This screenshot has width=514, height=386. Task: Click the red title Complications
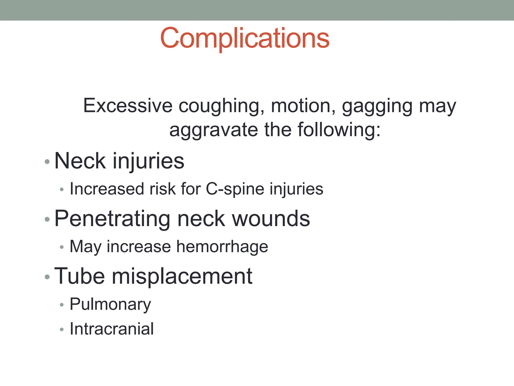point(245,38)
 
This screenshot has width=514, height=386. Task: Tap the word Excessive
point(128,106)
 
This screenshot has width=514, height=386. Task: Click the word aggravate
point(214,130)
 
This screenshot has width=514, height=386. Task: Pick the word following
point(339,130)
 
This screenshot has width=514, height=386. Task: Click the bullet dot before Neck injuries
point(47,162)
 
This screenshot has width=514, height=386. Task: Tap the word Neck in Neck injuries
point(80,161)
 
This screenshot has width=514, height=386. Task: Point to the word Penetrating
point(113,219)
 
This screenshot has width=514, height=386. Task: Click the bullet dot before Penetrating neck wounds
point(47,219)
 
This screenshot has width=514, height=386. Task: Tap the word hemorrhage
point(222,247)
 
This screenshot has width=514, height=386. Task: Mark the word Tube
point(80,276)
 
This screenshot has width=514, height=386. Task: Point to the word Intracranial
point(112,329)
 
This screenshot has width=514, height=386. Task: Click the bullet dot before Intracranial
point(62,329)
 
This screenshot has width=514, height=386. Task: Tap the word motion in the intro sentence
point(303,106)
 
